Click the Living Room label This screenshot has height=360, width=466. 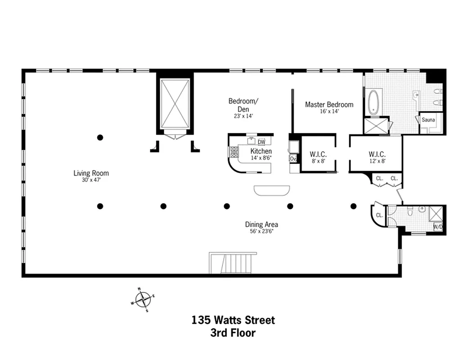click(91, 173)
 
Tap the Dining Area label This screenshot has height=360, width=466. click(261, 224)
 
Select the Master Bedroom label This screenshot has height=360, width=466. click(329, 104)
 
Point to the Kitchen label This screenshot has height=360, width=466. click(261, 151)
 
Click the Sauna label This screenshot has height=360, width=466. click(428, 120)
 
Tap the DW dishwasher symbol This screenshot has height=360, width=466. click(262, 142)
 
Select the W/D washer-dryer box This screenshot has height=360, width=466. click(438, 227)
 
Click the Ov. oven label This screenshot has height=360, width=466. click(293, 158)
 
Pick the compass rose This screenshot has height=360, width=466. click(143, 298)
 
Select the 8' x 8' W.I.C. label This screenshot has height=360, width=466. click(318, 154)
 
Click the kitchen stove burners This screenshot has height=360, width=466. click(235, 153)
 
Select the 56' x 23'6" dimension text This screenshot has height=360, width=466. click(261, 231)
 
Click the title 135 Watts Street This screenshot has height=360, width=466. click(233, 320)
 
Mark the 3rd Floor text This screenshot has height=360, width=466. click(233, 333)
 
